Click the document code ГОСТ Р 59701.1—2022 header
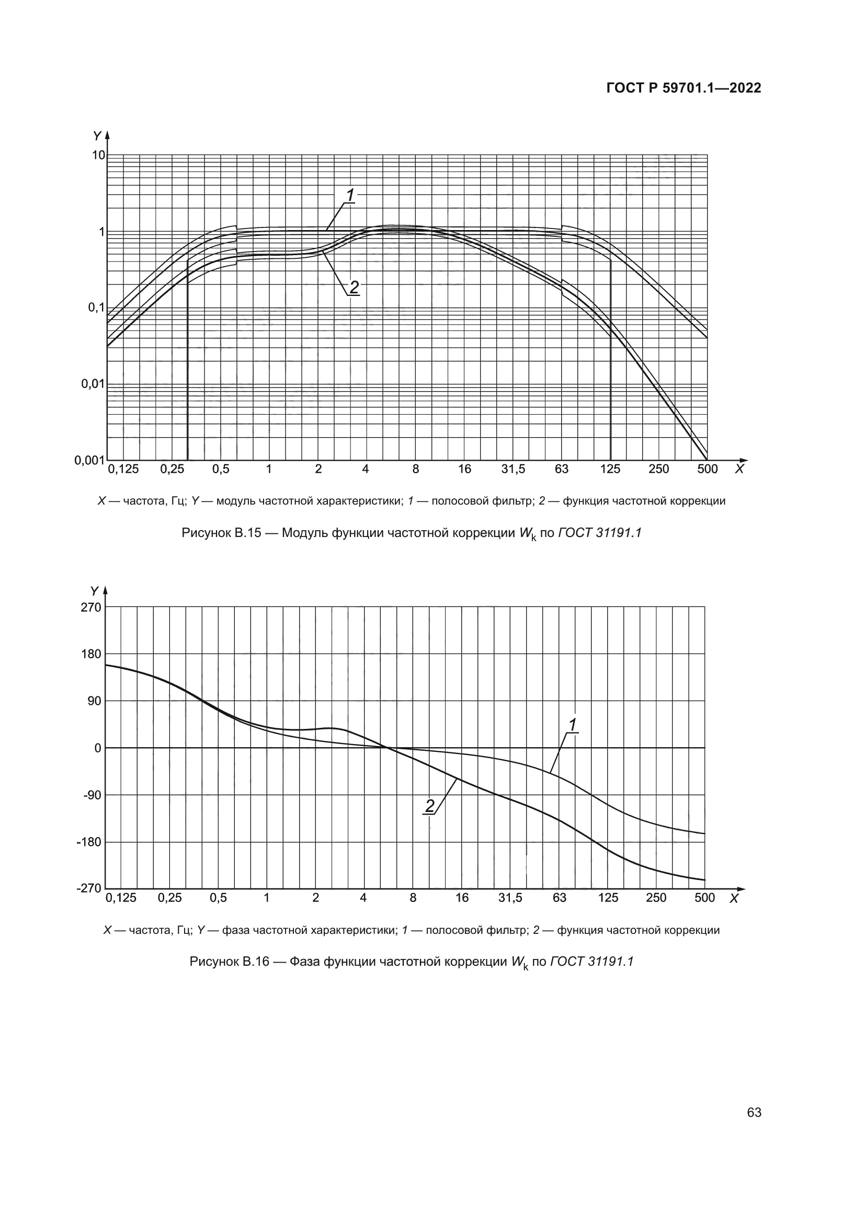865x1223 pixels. coord(684,88)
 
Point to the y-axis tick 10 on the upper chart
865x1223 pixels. coord(98,155)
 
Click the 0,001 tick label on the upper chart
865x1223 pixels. coord(89,460)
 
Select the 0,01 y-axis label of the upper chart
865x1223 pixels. coord(93,383)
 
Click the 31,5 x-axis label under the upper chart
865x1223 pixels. coord(513,469)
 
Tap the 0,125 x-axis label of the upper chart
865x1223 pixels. coord(123,469)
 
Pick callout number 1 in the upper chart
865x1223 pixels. coord(350,196)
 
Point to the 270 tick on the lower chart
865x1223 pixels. coord(90,607)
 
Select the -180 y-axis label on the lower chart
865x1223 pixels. coord(89,842)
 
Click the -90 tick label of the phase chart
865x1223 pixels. coord(91,795)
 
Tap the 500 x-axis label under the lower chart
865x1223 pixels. coord(704,898)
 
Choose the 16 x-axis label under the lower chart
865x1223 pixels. coord(462,898)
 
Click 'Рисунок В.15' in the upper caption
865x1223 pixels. coord(221,533)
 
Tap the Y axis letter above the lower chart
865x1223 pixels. coord(94,591)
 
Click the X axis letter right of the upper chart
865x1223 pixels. coord(739,469)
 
